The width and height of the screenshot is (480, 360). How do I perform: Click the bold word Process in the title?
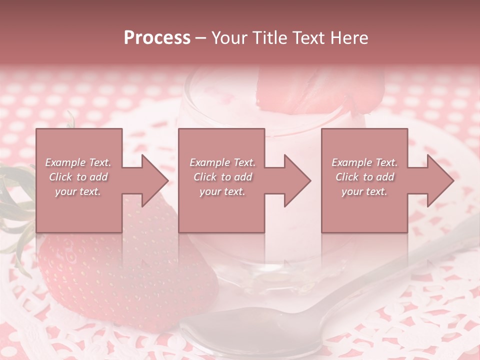pos(157,38)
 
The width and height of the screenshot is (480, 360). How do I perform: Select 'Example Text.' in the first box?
pos(78,162)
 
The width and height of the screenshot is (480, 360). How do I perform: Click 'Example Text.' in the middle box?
pos(222,162)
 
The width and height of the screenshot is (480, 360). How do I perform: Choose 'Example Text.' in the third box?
pos(364,162)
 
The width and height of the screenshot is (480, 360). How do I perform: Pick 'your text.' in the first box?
pos(78,191)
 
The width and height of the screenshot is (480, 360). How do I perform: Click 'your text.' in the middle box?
pos(222,191)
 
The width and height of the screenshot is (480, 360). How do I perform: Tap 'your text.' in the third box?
pos(364,191)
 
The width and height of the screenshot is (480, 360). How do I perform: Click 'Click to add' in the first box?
pos(78,177)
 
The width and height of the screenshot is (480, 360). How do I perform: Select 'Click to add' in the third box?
pos(364,177)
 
